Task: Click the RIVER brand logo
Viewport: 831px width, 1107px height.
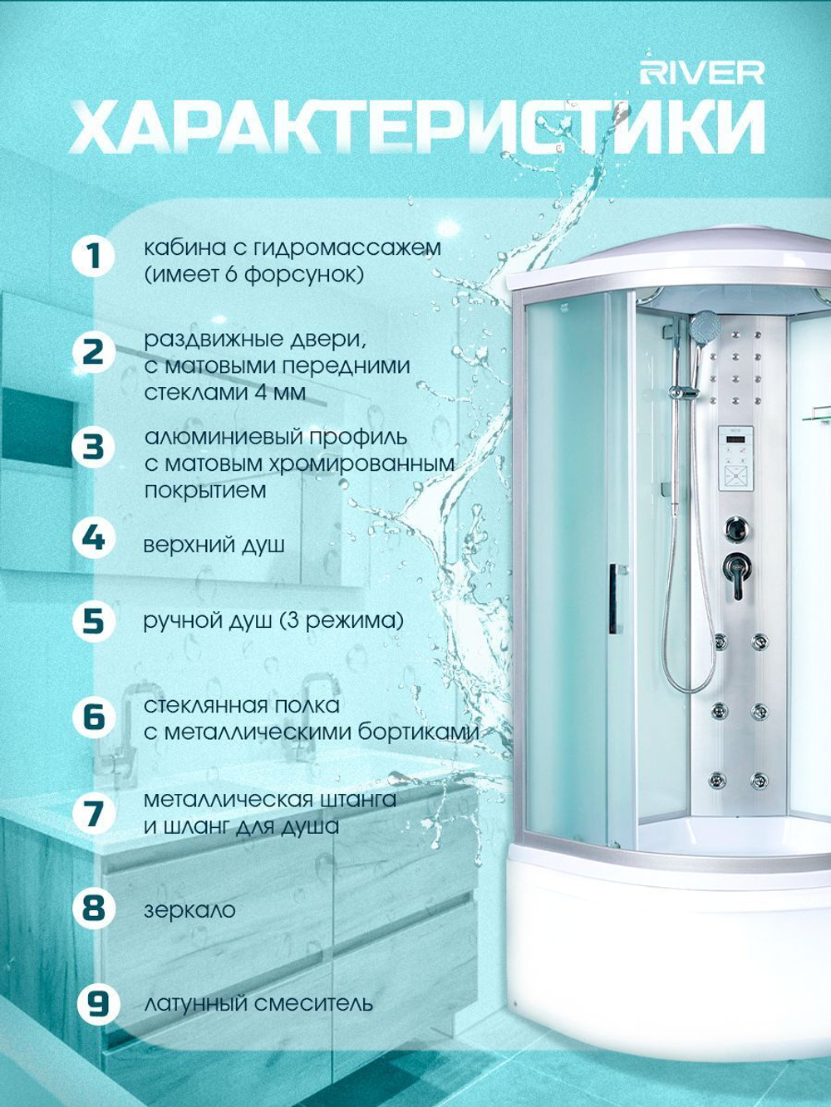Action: [702, 73]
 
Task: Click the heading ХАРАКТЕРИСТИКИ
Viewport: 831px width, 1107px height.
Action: [417, 128]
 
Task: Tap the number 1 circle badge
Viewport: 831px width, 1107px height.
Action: [94, 257]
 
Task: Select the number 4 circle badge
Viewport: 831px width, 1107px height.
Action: [94, 539]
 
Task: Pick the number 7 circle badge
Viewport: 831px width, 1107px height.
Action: [94, 814]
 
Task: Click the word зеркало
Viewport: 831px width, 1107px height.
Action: [189, 910]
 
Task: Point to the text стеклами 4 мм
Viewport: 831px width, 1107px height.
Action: [225, 393]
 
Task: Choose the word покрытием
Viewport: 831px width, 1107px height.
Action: [205, 491]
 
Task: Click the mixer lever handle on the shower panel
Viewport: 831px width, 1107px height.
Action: [735, 573]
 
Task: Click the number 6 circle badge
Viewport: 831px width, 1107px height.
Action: [94, 718]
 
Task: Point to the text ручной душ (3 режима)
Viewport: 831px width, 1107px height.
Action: [273, 621]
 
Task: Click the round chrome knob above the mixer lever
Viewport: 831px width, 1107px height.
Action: [736, 528]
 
